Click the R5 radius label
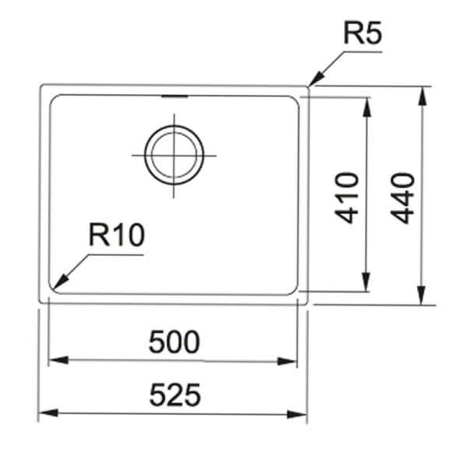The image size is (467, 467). pyautogui.click(x=362, y=33)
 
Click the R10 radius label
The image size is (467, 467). pyautogui.click(x=117, y=235)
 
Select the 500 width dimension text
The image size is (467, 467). pyautogui.click(x=174, y=342)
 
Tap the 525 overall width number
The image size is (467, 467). pyautogui.click(x=175, y=395)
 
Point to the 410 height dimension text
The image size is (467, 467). pyautogui.click(x=346, y=198)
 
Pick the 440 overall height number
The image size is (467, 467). pyautogui.click(x=402, y=198)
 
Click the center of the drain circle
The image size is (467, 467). pyautogui.click(x=174, y=155)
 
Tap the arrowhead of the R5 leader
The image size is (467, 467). pyautogui.click(x=316, y=79)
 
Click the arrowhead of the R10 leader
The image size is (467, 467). pyautogui.click(x=61, y=282)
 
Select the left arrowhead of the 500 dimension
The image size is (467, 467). pyautogui.click(x=58, y=360)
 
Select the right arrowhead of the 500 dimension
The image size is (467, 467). pyautogui.click(x=287, y=361)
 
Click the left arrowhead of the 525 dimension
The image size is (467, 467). pyautogui.click(x=48, y=413)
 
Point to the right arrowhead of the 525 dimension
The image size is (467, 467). pyautogui.click(x=297, y=414)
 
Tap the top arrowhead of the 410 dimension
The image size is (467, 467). pyautogui.click(x=367, y=107)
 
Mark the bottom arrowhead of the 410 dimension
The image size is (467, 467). pyautogui.click(x=367, y=282)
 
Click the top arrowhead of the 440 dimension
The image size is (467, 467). pyautogui.click(x=422, y=96)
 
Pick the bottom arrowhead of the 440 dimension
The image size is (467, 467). pyautogui.click(x=421, y=295)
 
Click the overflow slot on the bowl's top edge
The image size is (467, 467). pyautogui.click(x=174, y=97)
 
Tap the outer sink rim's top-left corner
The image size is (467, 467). pyautogui.click(x=41, y=86)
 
